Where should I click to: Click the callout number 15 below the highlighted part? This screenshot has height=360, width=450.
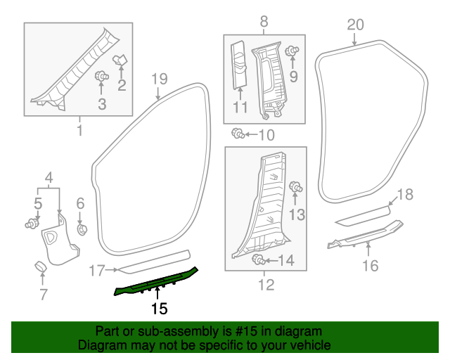point(160,308)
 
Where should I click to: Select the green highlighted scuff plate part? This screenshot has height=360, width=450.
point(157,281)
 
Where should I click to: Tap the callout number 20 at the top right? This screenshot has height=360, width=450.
point(355,25)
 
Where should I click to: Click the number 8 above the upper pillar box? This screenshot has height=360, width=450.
point(264,22)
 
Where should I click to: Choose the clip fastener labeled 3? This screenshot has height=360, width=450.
point(101,76)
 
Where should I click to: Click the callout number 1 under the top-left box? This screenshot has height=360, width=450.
point(79,131)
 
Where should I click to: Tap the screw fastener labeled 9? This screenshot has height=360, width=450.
point(294,51)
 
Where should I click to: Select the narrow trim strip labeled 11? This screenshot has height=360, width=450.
point(239,67)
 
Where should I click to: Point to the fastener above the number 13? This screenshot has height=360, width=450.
point(297,187)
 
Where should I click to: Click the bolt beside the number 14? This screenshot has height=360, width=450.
point(258,260)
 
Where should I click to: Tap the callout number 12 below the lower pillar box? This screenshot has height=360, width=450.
point(266,285)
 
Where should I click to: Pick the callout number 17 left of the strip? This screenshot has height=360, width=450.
point(97,269)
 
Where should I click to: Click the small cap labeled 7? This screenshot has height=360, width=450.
point(40,266)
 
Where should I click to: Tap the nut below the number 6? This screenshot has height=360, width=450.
point(81,229)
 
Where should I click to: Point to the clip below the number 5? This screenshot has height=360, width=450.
point(32,224)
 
